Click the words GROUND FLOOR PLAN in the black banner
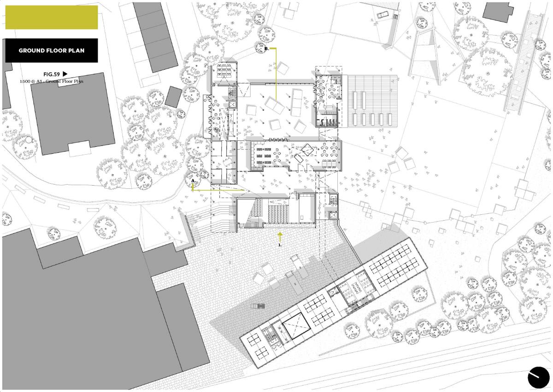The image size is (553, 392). click(51, 50)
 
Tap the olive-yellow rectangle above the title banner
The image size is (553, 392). click(51, 17)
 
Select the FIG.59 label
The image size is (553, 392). click(52, 74)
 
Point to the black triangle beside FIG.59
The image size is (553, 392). click(65, 74)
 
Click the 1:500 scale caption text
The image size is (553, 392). click(52, 81)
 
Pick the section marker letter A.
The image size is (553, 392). click(193, 181)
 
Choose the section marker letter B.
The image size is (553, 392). click(267, 49)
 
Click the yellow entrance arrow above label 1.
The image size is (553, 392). click(280, 237)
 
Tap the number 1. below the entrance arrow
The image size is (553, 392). click(280, 245)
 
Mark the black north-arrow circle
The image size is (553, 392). click(538, 378)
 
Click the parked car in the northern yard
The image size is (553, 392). click(382, 15)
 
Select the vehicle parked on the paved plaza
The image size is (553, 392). click(258, 306)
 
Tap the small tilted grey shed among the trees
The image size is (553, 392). click(173, 96)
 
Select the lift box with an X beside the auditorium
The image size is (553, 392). click(333, 216)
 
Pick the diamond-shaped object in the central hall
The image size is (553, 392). click(308, 150)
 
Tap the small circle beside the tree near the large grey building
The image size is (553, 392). click(29, 140)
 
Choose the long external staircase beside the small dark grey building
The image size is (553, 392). click(524, 63)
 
